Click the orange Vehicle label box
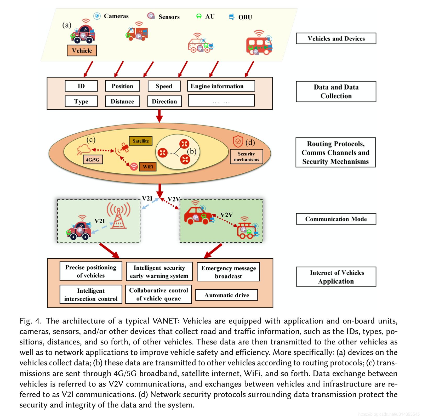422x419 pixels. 82,51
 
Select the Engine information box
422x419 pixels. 221,86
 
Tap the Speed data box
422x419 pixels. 164,86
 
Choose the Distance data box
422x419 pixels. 122,101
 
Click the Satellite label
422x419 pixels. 141,141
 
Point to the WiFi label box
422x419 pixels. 148,167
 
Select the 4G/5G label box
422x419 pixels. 93,160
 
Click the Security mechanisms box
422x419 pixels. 246,157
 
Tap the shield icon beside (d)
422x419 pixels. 238,141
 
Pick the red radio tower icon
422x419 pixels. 118,216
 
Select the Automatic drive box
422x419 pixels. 226,295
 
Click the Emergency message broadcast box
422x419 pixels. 228,272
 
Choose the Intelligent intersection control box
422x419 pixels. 91,295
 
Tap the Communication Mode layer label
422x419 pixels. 336,219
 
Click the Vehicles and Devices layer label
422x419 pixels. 336,38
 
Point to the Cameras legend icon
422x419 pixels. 97,16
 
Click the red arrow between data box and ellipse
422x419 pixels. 159,116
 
